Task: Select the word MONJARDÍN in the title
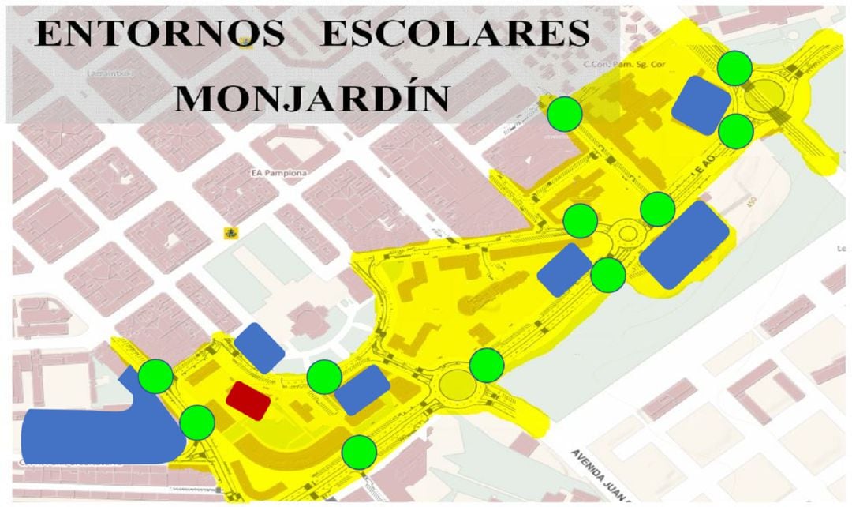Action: point(312,98)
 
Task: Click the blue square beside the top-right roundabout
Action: point(701,106)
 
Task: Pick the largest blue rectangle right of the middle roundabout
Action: point(684,245)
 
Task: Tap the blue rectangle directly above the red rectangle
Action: point(260,347)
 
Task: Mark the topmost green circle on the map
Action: point(735,68)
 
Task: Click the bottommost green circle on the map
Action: point(360,453)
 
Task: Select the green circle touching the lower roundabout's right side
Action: point(487,365)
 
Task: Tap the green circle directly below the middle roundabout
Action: point(608,274)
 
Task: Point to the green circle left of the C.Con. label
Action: point(566,114)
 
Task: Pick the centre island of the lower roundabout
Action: point(457,385)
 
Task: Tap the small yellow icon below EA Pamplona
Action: point(231,232)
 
